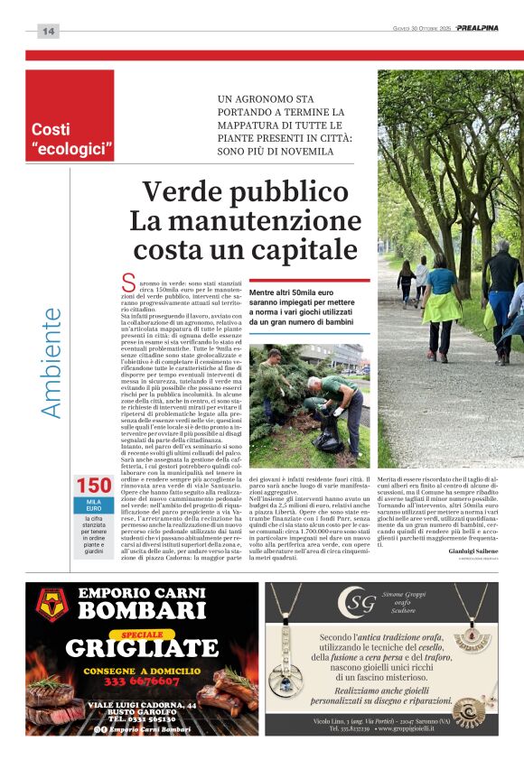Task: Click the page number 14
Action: coord(48,32)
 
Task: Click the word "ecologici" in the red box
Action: coord(73,147)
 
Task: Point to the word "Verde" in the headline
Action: coord(188,192)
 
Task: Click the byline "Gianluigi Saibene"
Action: coord(473,551)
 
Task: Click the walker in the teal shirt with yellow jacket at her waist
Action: coord(441,302)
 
